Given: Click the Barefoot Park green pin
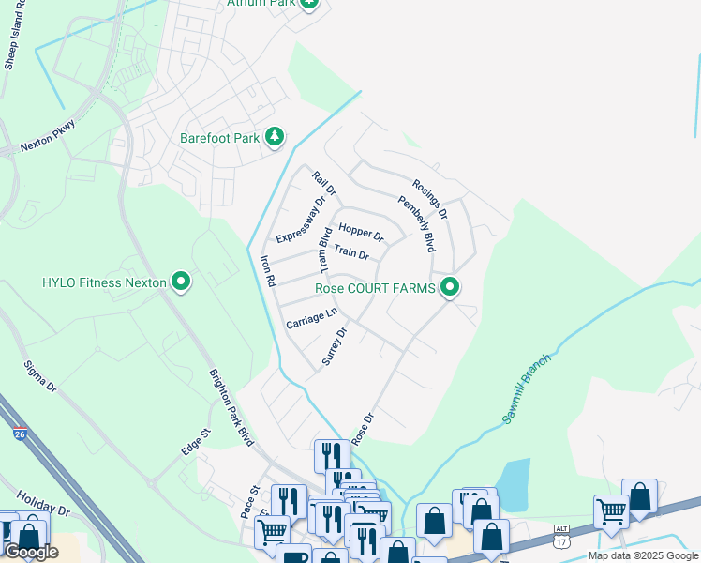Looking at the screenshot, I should tap(275, 138).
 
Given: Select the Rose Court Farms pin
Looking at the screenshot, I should tap(450, 287).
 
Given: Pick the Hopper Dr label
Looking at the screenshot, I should tap(362, 231).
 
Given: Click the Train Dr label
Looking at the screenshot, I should tap(351, 253).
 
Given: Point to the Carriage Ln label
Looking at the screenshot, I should tap(311, 318).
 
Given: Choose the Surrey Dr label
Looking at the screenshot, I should tap(335, 346).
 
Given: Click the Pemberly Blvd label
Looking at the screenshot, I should tap(417, 223).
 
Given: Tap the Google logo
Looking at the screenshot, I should tap(30, 552).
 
